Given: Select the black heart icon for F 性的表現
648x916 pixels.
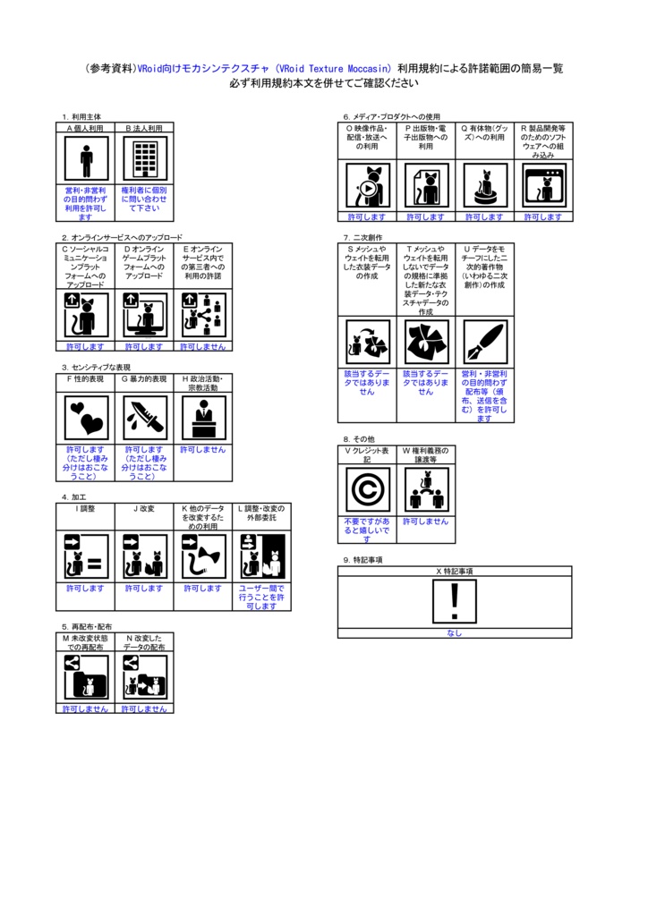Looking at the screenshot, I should coord(86,418).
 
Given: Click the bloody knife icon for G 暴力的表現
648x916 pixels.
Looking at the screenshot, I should coord(144,418).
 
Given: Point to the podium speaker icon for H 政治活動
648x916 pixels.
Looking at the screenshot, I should coord(203,418).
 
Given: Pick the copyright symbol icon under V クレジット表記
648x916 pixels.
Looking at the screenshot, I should coord(367,490).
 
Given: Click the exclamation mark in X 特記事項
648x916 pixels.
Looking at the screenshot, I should coord(455,602).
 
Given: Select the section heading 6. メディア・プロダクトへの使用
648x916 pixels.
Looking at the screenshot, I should coord(392,116).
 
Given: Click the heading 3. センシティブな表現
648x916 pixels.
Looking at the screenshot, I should coord(96,367).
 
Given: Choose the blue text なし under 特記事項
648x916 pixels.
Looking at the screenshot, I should coord(455,633).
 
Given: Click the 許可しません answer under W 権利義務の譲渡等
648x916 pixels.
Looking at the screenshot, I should coord(425,521).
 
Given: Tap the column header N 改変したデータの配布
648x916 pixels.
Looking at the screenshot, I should coord(144,642).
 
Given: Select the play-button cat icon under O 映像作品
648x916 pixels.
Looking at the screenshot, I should coord(367,186).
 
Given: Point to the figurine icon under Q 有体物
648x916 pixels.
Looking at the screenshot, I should coord(484,186).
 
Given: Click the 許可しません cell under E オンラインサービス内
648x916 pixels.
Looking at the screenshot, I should coord(203,346).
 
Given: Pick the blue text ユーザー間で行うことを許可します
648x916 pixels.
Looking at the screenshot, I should coord(261,597).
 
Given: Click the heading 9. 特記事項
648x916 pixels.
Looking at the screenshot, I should coord(362,559).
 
